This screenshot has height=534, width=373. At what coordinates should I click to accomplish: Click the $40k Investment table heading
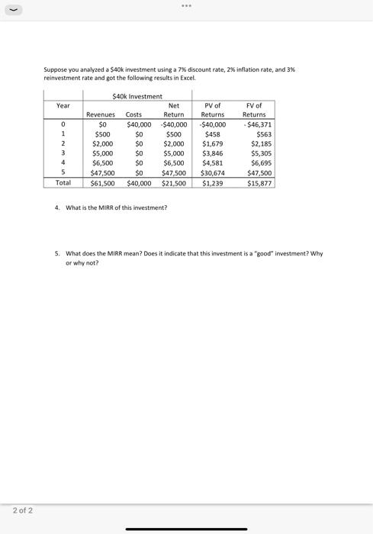[137, 96]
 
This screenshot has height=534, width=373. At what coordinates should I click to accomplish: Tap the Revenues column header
[101, 114]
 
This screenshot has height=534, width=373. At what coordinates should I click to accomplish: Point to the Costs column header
[133, 114]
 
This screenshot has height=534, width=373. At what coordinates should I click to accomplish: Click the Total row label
[63, 183]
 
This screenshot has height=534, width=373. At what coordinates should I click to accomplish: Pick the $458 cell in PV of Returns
[213, 134]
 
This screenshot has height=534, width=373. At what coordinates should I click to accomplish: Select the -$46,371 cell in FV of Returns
[257, 124]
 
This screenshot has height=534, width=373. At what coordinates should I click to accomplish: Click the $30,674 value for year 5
[213, 173]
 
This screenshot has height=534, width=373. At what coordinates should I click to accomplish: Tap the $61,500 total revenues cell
[102, 183]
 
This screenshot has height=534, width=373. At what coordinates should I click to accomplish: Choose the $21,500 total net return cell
[174, 183]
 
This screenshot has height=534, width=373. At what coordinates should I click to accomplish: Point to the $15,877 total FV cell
[259, 183]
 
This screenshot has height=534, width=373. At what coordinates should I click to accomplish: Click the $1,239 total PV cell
[213, 183]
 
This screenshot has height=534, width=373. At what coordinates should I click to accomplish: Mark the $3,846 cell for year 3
[213, 153]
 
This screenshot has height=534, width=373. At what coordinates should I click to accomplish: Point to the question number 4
[57, 207]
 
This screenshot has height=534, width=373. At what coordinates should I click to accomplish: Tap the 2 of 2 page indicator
[22, 510]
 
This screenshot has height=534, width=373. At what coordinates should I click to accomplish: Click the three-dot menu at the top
[186, 5]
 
